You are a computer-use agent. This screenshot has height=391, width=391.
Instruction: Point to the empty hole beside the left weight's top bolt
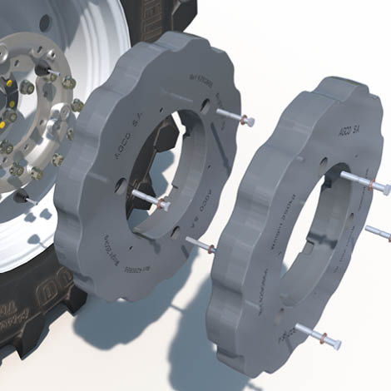click(203, 106)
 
